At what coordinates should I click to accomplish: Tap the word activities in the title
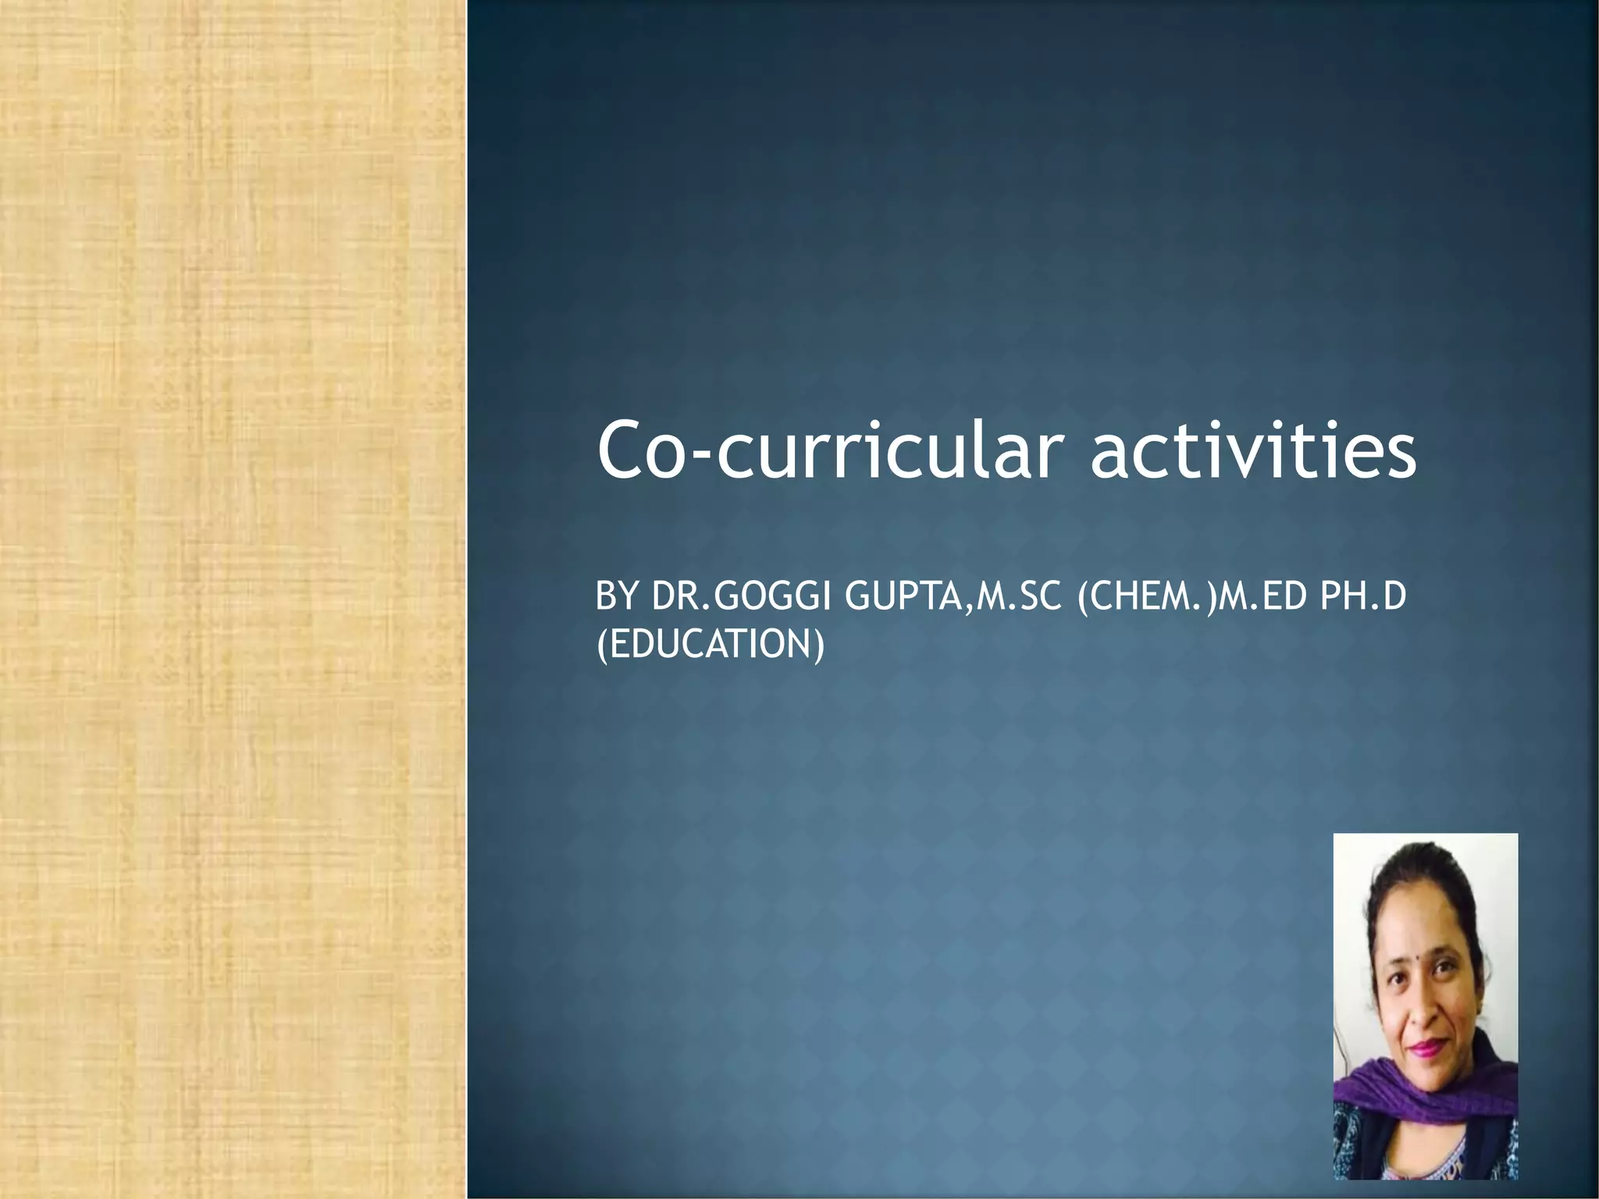click(x=1252, y=451)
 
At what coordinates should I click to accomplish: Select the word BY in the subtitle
click(x=618, y=597)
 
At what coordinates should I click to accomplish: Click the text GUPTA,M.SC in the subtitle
click(x=953, y=597)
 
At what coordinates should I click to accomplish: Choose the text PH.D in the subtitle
click(x=1362, y=597)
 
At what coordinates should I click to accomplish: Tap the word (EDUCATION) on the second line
click(x=710, y=646)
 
